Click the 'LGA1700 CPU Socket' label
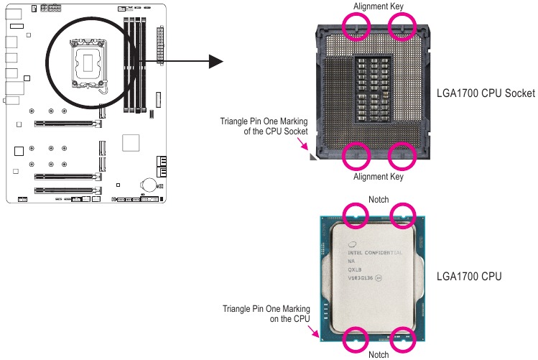click(486, 93)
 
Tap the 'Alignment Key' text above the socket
click(379, 6)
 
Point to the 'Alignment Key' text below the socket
click(379, 177)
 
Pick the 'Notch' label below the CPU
click(379, 354)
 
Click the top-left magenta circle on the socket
click(356, 26)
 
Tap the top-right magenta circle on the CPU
click(402, 213)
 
